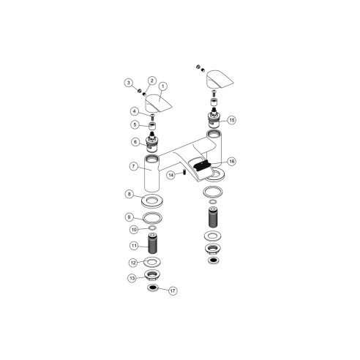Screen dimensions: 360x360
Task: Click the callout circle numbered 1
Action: click(162, 86)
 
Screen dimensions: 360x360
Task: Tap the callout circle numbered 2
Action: click(152, 80)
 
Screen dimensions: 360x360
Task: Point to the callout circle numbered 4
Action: click(135, 111)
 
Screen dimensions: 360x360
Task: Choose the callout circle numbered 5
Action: click(135, 125)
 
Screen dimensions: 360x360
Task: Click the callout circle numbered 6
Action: click(135, 141)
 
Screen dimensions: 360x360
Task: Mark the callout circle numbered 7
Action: click(134, 166)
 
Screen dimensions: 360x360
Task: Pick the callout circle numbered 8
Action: click(129, 195)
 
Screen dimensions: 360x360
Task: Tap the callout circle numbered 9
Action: click(129, 217)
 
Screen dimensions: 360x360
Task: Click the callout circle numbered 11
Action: click(134, 246)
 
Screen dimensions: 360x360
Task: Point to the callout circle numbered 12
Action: click(133, 262)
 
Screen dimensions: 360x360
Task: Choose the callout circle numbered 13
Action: click(132, 277)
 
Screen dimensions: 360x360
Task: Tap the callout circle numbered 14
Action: click(169, 175)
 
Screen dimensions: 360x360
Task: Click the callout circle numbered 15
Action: click(231, 119)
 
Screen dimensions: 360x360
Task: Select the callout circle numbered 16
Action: click(231, 161)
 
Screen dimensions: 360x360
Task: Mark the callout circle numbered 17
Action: click(173, 290)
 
